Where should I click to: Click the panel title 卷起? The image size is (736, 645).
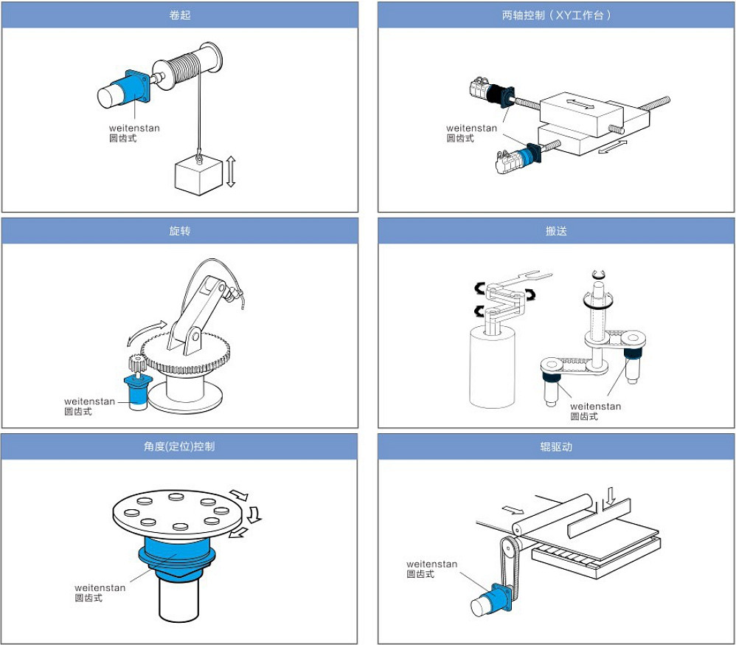pos(180,15)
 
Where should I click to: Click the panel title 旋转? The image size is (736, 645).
pos(180,231)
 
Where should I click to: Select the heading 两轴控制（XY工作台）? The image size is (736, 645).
pos(557,15)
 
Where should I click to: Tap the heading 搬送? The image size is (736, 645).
pos(557,231)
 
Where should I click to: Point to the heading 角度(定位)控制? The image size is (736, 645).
pos(180,446)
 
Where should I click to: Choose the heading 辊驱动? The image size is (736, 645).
pos(557,446)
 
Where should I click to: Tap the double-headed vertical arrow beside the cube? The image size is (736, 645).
pos(231,170)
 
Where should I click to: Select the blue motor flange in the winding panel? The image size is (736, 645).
pos(136,86)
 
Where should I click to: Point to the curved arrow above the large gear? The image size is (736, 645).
pos(147,331)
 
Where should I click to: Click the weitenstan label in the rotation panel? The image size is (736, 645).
pos(89,401)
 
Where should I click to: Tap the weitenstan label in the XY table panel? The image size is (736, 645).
pos(472,128)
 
